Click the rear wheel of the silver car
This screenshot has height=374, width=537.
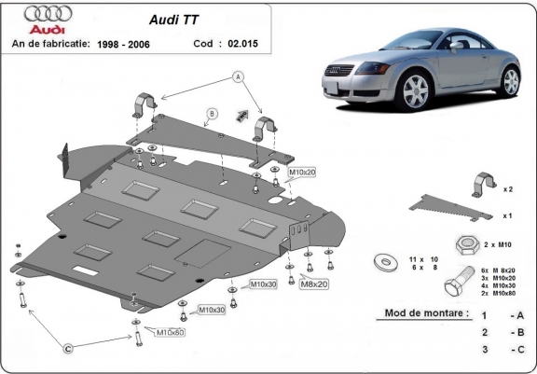[x=511, y=80]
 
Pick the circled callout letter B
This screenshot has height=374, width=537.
[x=212, y=114]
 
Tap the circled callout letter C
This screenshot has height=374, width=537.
[x=68, y=349]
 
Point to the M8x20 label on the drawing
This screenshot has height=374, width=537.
[x=314, y=283]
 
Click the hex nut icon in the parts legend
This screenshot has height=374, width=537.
[x=467, y=245]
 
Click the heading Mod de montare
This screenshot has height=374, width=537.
[x=426, y=314]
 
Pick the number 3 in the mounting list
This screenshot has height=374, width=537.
[x=484, y=349]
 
